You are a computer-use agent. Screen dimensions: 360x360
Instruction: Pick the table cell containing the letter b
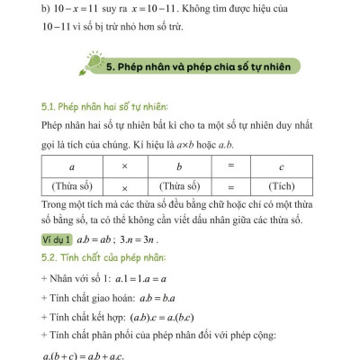(179, 167)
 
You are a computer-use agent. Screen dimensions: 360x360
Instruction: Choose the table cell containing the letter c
(282, 167)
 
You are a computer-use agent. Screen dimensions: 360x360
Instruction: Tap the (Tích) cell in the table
(282, 186)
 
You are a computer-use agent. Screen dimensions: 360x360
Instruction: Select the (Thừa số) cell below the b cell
(179, 186)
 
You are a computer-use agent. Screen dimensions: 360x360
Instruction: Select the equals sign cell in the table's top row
(230, 167)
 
